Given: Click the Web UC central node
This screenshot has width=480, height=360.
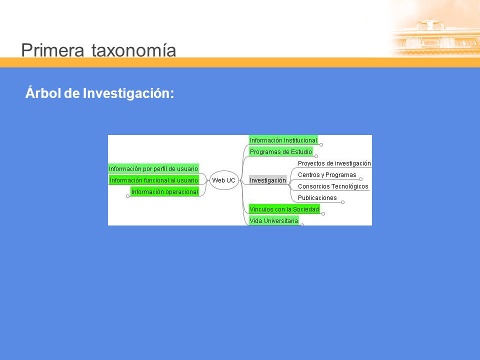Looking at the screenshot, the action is coord(224,180).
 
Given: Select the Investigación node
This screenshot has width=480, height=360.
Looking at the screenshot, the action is coord(268,180).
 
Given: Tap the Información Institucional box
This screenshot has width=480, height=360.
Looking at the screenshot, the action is coord(283,140).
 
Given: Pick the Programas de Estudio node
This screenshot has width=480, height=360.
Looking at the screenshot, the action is coord(281,151).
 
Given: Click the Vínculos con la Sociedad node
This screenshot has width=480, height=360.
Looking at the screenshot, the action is coord(284,209).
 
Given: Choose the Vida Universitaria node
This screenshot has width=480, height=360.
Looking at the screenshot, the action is coord(274,220).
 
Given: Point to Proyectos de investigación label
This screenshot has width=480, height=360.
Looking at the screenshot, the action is coord(334,163).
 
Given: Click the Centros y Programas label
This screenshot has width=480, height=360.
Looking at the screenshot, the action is coord(327,175).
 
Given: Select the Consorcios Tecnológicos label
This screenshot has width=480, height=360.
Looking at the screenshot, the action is coord(333,186).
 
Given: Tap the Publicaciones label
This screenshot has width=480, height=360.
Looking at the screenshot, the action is coord(317,198).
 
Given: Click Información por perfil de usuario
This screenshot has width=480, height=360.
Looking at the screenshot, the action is coord(153,168).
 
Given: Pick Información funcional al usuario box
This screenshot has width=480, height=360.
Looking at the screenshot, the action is coord(154,180).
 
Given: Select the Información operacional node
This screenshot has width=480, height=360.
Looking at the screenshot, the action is coord(164,191).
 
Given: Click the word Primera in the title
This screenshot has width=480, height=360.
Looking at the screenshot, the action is coord(52,50).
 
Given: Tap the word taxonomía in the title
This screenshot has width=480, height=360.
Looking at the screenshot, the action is coord(134,50).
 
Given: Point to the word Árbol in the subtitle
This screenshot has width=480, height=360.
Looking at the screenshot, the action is coord(43,92).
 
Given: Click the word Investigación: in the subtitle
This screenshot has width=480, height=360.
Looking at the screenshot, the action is coord(128,93).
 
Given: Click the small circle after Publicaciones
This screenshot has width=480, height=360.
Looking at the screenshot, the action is coord(343,202).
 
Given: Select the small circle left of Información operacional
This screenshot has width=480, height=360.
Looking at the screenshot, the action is coord(127,196).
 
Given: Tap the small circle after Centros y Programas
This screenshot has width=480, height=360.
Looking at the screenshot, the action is coord(360,179).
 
